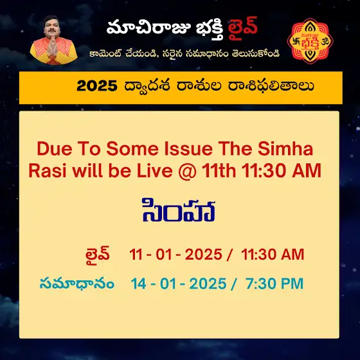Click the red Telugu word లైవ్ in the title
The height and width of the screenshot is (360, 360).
(242, 29)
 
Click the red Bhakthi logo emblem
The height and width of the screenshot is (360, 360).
(310, 41)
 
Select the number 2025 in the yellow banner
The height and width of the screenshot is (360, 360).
(97, 86)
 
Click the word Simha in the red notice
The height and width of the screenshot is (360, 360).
(285, 148)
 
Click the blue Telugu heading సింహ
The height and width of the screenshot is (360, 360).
(179, 210)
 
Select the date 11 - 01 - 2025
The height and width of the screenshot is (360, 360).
(175, 255)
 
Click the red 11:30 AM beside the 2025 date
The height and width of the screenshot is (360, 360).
(273, 255)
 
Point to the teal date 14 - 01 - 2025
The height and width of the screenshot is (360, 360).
(179, 283)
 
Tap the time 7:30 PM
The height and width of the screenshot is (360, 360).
(274, 283)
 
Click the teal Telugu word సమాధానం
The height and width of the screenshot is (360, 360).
(77, 283)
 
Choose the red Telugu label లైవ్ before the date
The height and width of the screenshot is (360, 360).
(97, 254)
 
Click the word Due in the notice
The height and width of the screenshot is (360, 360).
(55, 148)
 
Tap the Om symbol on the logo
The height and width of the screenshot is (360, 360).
(325, 42)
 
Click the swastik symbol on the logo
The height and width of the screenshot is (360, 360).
(296, 42)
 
